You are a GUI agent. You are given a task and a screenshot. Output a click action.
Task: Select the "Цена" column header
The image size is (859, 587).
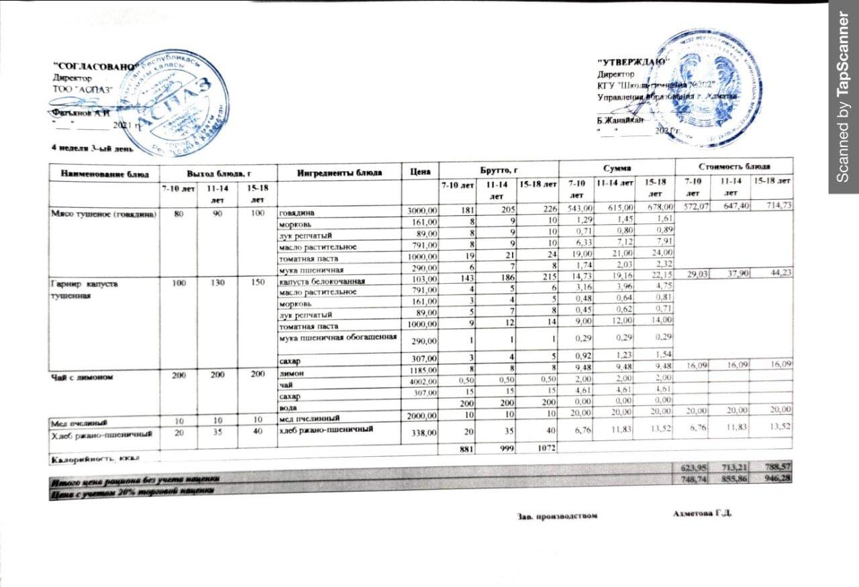point(419,172)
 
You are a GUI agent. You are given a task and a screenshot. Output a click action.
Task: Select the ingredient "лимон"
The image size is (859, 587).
point(291,370)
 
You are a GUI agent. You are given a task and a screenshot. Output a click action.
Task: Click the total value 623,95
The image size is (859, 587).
point(693,467)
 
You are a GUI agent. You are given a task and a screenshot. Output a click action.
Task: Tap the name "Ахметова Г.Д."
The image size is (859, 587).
point(701,513)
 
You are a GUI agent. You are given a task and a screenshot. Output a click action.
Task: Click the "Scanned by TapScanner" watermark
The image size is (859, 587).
point(844,97)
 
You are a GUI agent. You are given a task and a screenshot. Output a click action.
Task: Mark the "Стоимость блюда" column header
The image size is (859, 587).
point(734,165)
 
